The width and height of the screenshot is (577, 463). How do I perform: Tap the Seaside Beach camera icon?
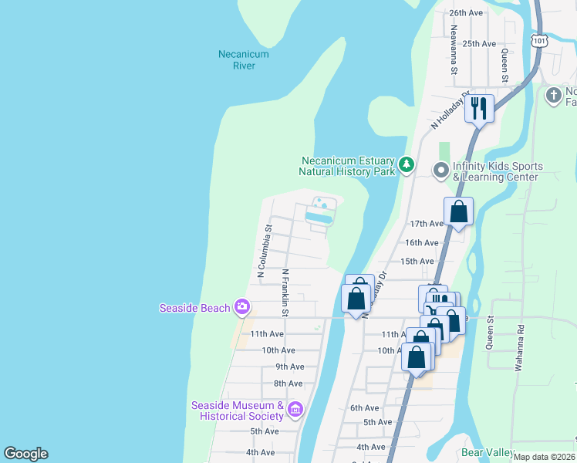tap(242, 308)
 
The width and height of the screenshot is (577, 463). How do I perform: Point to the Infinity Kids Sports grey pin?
tap(441, 169)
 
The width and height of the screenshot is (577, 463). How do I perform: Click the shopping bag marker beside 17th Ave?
tap(458, 211)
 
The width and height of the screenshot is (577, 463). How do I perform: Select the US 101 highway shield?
tap(539, 39)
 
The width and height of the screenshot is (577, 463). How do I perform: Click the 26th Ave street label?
tap(466, 13)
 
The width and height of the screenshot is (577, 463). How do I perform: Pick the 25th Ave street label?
tap(478, 44)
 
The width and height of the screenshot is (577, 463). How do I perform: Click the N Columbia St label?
tap(264, 251)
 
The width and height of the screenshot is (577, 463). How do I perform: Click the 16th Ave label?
tap(421, 242)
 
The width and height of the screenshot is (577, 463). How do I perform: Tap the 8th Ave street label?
tap(288, 384)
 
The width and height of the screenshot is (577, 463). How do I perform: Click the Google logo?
tap(25, 454)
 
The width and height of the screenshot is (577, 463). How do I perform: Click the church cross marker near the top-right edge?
tap(553, 96)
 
